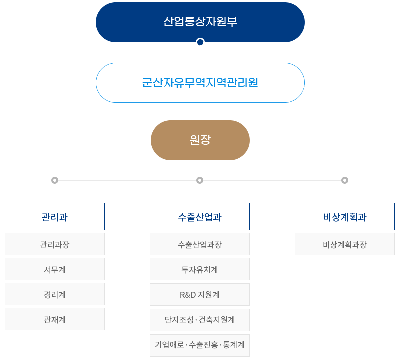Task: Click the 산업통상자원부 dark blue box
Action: pos(200,22)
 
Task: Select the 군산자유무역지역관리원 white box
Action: pos(200,83)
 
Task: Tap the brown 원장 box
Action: pos(200,140)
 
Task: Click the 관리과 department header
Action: pos(55,217)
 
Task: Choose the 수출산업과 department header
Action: pos(200,217)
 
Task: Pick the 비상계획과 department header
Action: pos(345,217)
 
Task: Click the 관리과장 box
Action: pos(55,244)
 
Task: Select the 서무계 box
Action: pos(55,269)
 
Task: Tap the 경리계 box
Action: pos(55,294)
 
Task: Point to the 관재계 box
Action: pos(55,319)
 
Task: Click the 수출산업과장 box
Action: pos(200,244)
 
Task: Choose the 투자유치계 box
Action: pos(200,269)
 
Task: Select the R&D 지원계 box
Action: pos(200,294)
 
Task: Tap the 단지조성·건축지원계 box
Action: pos(200,319)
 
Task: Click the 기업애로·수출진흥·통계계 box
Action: pos(200,345)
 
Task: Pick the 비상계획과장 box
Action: pos(345,244)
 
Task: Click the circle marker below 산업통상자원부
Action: pos(200,42)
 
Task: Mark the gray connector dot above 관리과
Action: pos(55,180)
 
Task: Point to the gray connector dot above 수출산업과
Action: pos(200,180)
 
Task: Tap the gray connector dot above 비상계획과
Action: pos(345,180)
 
